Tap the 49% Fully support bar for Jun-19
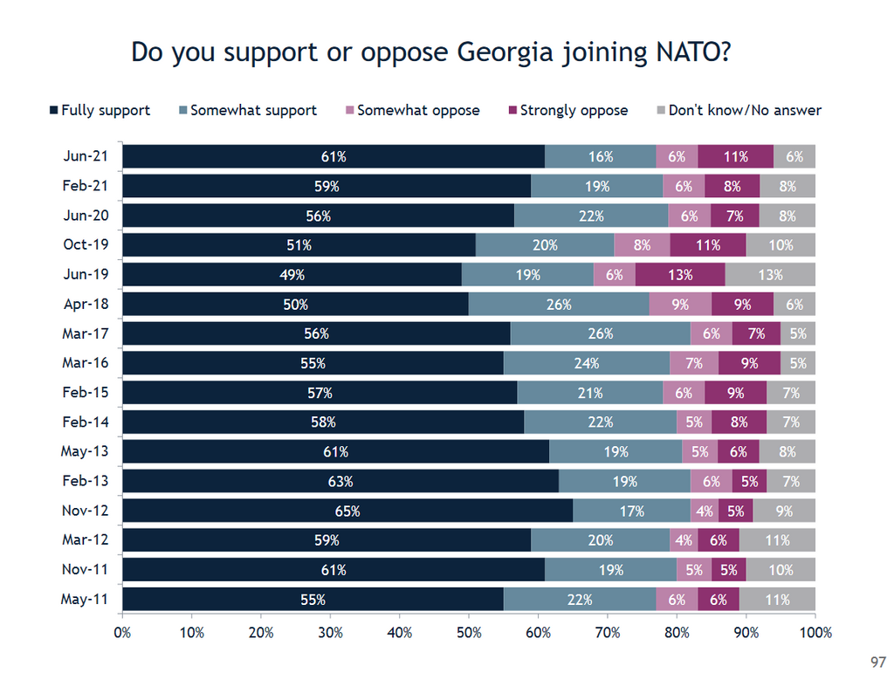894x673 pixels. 292,275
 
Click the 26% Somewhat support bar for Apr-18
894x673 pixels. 559,305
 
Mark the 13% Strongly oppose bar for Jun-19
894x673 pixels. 679,275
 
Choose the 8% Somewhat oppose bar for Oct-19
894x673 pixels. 642,245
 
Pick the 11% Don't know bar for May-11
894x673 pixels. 777,600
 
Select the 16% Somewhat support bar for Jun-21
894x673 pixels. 601,157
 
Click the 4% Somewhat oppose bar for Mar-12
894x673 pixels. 684,540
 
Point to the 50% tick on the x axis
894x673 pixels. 469,631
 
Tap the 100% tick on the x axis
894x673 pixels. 815,631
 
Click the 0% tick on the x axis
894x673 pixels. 122,631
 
